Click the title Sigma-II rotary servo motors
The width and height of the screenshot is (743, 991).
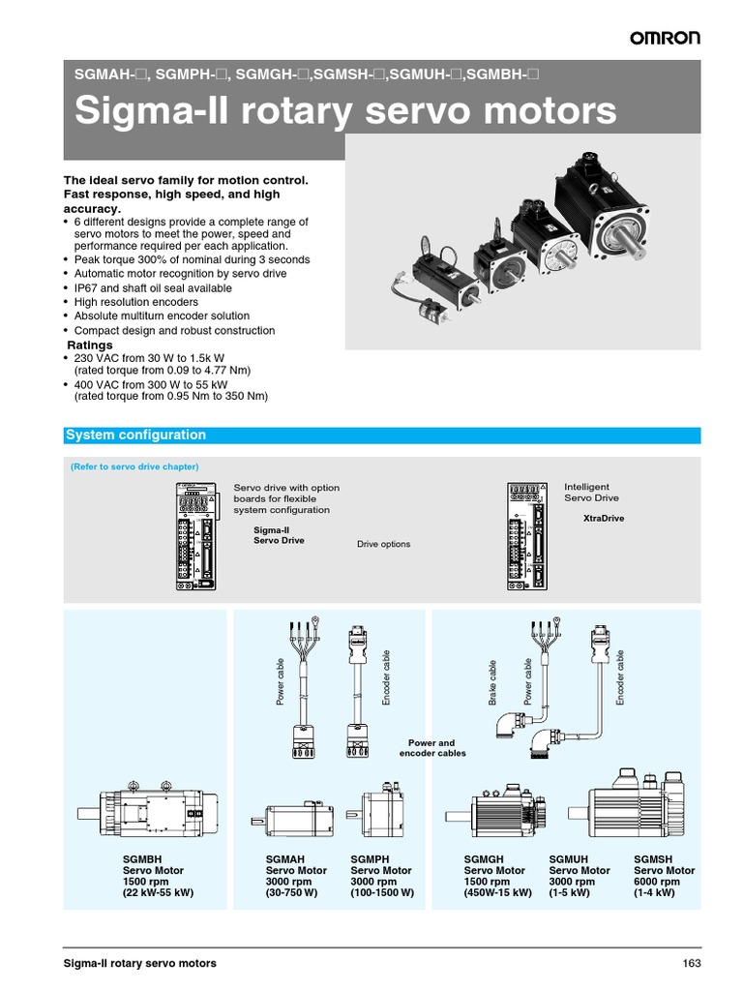(x=345, y=110)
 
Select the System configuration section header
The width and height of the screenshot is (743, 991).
(x=135, y=435)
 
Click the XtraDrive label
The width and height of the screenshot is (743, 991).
(x=604, y=519)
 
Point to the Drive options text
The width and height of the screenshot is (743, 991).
(x=383, y=544)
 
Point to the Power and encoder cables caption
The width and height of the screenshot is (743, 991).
(x=431, y=748)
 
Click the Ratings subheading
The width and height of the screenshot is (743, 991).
(x=89, y=345)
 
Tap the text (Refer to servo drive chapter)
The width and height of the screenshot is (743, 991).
(x=134, y=466)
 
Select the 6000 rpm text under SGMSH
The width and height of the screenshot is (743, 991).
(x=658, y=882)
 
